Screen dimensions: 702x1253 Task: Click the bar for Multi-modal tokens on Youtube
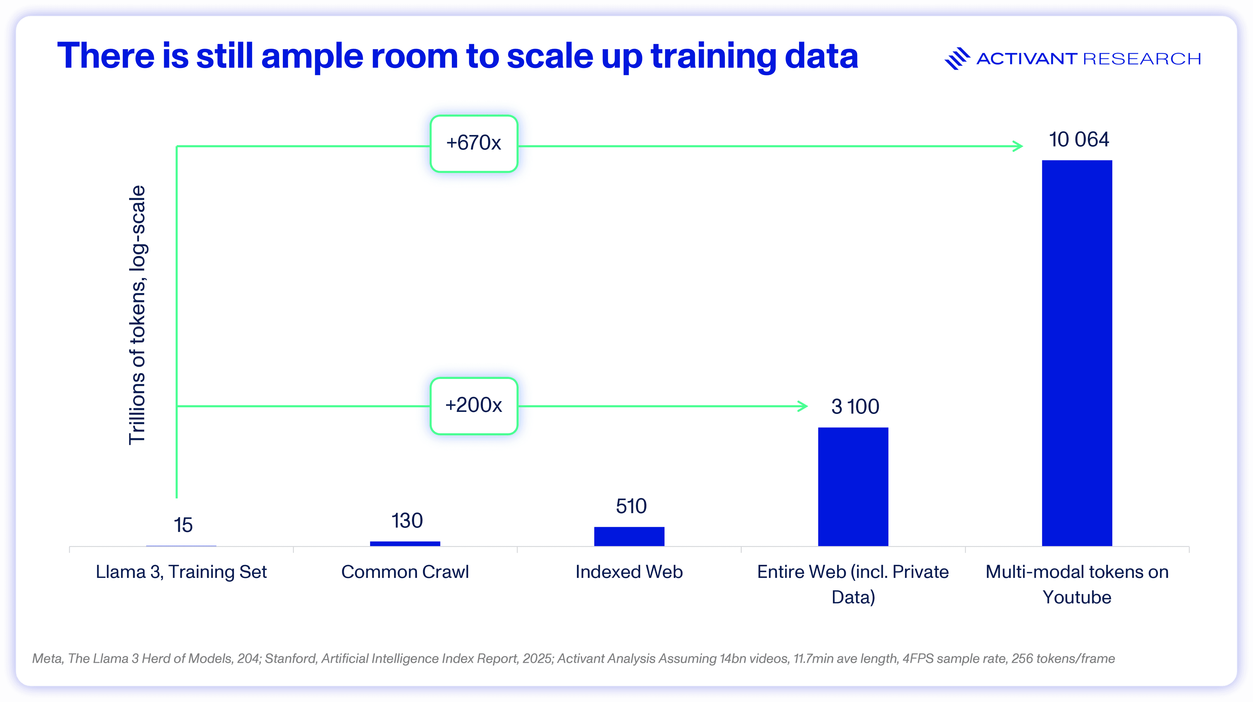pos(1076,353)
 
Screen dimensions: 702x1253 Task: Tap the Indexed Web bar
pos(629,536)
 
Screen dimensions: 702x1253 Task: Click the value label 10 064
pos(1078,140)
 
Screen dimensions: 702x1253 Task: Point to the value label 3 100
pos(855,406)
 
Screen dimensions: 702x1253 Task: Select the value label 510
pos(631,506)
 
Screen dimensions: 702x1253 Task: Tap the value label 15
pos(183,525)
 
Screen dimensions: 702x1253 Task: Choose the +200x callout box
pos(474,405)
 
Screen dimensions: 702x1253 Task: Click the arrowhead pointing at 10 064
pos(1018,146)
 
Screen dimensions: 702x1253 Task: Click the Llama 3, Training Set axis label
pos(181,572)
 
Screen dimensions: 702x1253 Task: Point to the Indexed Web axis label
pos(629,572)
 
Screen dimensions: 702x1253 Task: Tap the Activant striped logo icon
pos(957,58)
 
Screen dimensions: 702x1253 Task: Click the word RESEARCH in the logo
pos(1142,59)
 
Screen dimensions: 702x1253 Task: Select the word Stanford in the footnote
pos(290,659)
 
